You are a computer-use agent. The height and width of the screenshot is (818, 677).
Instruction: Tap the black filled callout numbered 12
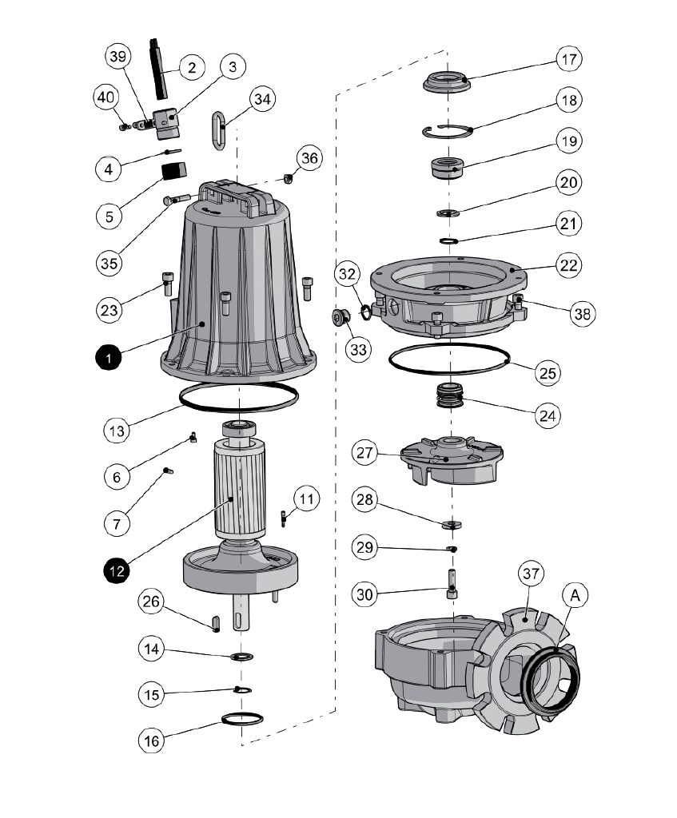(117, 570)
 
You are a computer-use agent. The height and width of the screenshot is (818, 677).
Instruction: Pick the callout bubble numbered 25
(548, 372)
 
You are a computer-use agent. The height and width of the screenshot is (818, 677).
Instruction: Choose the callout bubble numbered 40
(105, 97)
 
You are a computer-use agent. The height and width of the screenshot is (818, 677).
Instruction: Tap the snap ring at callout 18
(448, 131)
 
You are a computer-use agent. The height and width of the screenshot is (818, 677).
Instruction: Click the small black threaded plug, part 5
(173, 171)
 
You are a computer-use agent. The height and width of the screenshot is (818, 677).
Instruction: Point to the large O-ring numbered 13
(240, 396)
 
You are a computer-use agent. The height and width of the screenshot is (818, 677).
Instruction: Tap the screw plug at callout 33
(340, 318)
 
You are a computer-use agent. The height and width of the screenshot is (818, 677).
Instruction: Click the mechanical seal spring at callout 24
(452, 395)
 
